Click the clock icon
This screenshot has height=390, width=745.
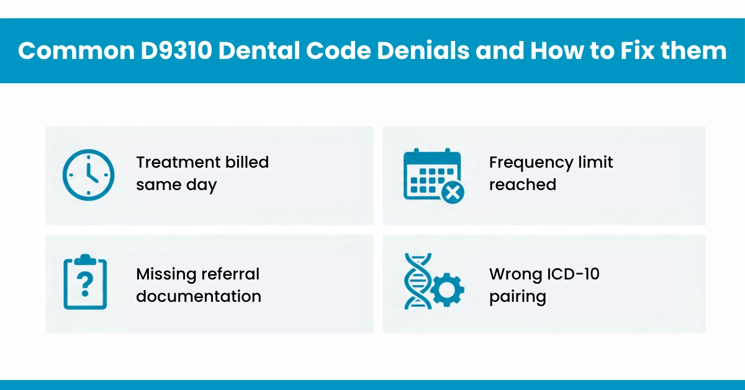[x=88, y=175]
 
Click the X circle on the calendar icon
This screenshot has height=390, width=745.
[x=452, y=192]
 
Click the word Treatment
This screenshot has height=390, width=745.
[x=169, y=163]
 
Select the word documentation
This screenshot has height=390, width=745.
[x=199, y=296]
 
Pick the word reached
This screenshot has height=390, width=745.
[x=522, y=185]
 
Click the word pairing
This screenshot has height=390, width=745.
[x=517, y=297]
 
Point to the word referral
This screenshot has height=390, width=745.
[x=229, y=274]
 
